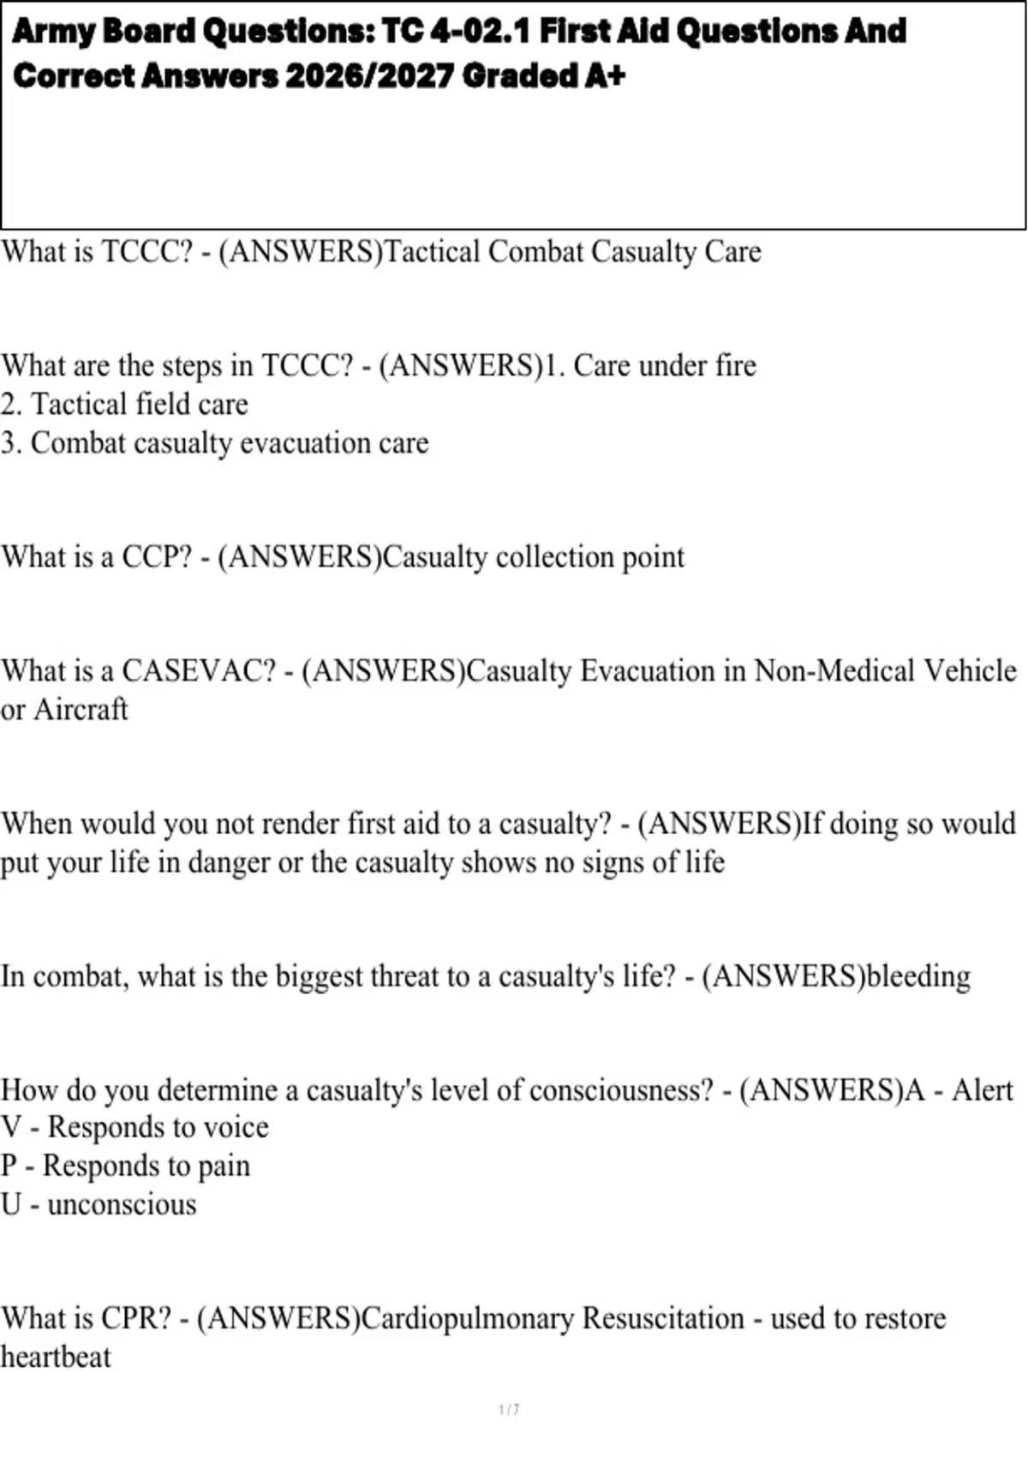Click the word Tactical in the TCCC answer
point(432,252)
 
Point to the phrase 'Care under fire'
point(664,366)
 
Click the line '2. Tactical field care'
point(124,405)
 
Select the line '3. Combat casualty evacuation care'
point(214,443)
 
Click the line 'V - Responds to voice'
point(134,1128)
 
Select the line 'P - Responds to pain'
point(125,1166)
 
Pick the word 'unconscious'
point(122,1205)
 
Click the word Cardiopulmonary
point(467,1318)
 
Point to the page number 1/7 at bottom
point(509,1410)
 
